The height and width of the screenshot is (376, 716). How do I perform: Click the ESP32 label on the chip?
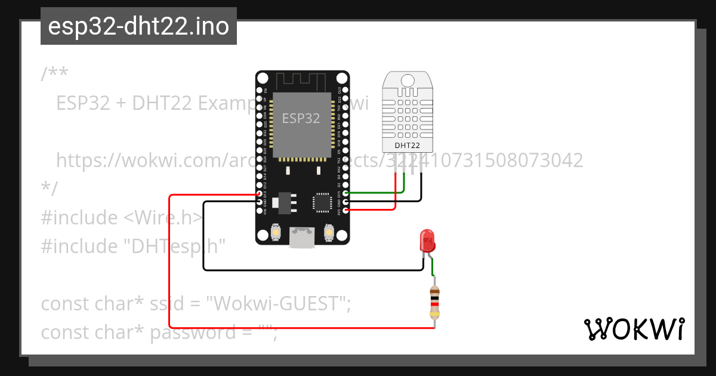(301, 118)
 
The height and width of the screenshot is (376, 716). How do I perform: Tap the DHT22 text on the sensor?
(407, 145)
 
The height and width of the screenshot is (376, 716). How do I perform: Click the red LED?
(428, 240)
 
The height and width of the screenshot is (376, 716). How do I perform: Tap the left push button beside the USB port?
(276, 232)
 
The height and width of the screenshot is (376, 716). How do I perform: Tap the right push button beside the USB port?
(328, 232)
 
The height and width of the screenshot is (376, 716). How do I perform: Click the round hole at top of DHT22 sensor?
(408, 81)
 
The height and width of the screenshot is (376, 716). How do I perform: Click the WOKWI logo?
(634, 329)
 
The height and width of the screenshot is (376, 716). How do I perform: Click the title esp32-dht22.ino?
(138, 26)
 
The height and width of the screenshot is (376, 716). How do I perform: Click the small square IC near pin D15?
(323, 202)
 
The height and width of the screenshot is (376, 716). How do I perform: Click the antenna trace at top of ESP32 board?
(302, 79)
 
